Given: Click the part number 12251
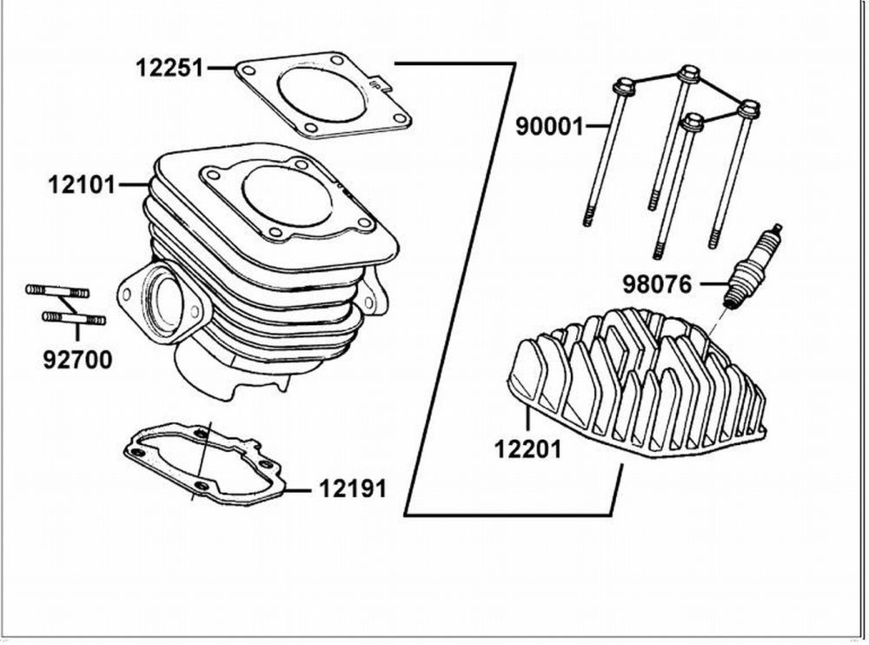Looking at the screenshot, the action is click(169, 67).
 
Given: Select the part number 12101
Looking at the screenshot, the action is click(82, 184).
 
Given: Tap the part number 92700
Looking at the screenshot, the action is click(77, 359).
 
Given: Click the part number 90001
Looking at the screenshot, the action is click(549, 127).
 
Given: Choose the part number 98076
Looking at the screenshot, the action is click(657, 283).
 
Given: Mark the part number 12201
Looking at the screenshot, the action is click(528, 449).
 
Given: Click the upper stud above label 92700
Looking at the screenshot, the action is click(56, 289).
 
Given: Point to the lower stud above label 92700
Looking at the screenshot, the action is click(75, 319).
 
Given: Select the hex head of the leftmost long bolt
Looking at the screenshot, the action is click(623, 87).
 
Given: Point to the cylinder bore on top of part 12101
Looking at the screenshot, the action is click(287, 195).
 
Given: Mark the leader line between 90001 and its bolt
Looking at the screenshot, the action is click(597, 127).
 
